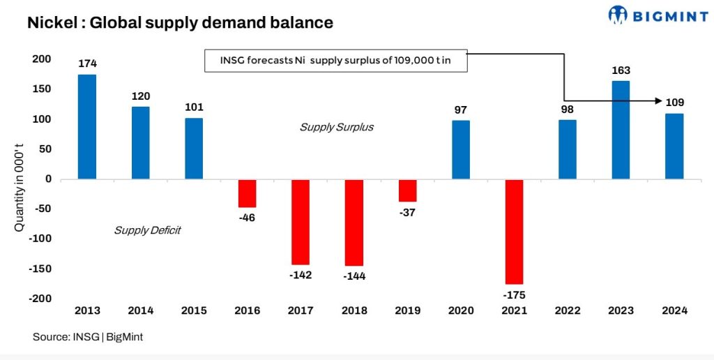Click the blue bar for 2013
point(86,126)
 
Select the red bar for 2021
point(515,232)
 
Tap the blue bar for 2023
point(621,130)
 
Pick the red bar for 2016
point(247,193)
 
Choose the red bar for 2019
point(407,190)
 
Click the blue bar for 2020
point(461,150)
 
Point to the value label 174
point(86,64)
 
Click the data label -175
point(515,295)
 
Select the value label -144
point(354,276)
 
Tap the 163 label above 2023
point(621,70)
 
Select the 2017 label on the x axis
point(301,311)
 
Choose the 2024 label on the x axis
point(674,311)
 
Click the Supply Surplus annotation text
point(337,127)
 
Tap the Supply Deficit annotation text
point(147,230)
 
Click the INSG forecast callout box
point(335,61)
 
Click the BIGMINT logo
point(658,15)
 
